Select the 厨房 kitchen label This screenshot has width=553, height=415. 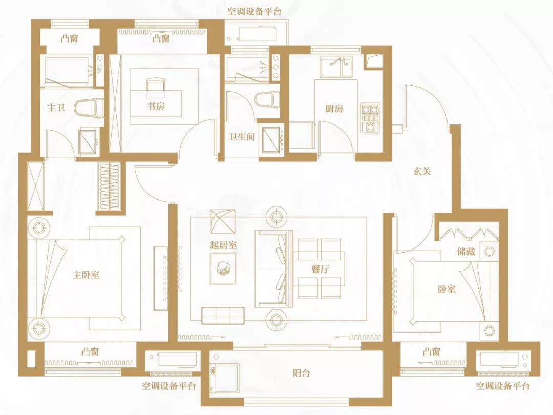point(334,109)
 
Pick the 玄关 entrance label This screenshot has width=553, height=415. point(422,172)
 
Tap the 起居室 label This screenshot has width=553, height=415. point(223,245)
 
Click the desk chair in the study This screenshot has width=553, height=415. point(155,86)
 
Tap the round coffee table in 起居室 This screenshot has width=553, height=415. point(223,268)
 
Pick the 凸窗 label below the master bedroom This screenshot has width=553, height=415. point(90,352)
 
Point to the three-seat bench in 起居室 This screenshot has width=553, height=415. point(222,315)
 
